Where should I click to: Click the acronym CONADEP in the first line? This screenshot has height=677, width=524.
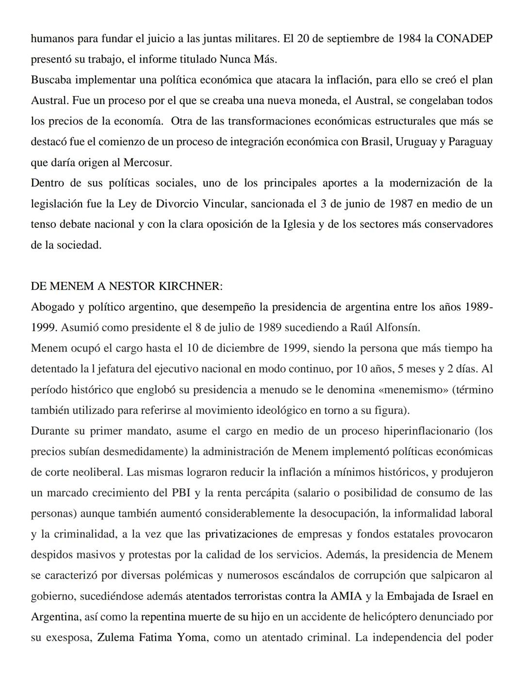[x=464, y=39]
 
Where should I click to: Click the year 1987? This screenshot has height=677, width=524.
[x=401, y=204]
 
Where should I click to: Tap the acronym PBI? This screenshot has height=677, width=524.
[x=181, y=493]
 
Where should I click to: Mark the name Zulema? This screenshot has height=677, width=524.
[x=115, y=637]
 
